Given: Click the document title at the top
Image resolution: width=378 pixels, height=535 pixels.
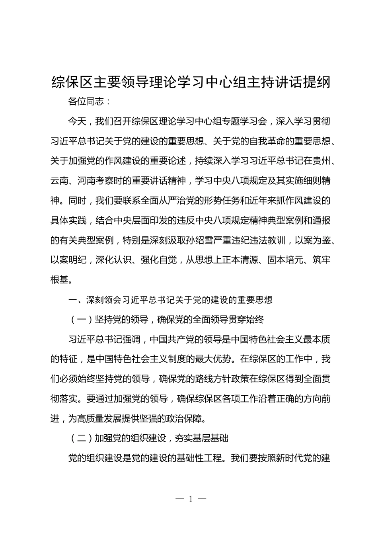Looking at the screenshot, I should (x=191, y=82).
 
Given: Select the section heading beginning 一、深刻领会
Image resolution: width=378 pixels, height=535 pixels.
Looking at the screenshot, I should (x=170, y=300).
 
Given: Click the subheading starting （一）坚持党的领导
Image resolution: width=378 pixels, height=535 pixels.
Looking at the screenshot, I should (x=166, y=319).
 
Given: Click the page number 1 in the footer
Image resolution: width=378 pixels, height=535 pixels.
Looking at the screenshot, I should (x=191, y=499).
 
